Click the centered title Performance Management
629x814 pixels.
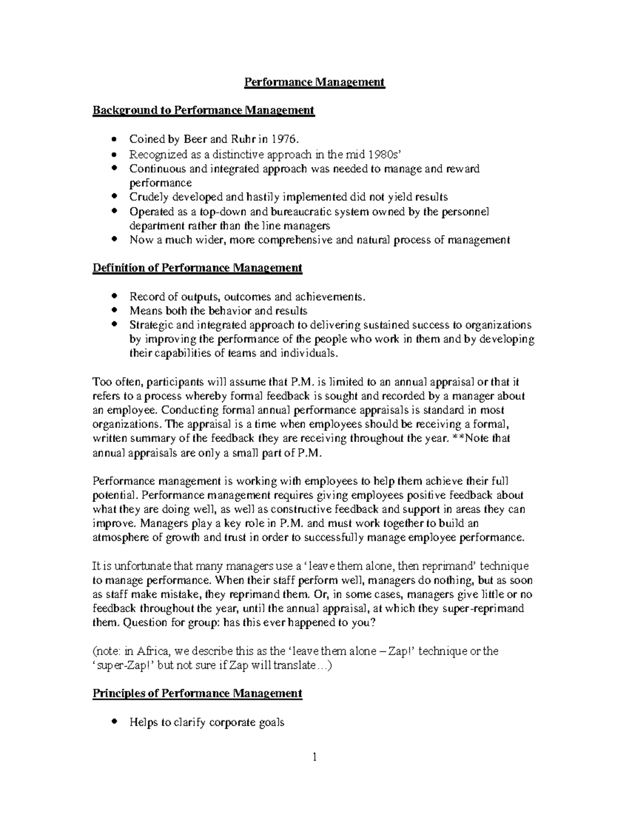(x=314, y=82)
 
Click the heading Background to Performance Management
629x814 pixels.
(x=203, y=110)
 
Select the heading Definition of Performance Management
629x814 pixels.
(x=197, y=268)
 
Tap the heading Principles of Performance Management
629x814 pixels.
(x=197, y=693)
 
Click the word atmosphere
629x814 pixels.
(x=120, y=538)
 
